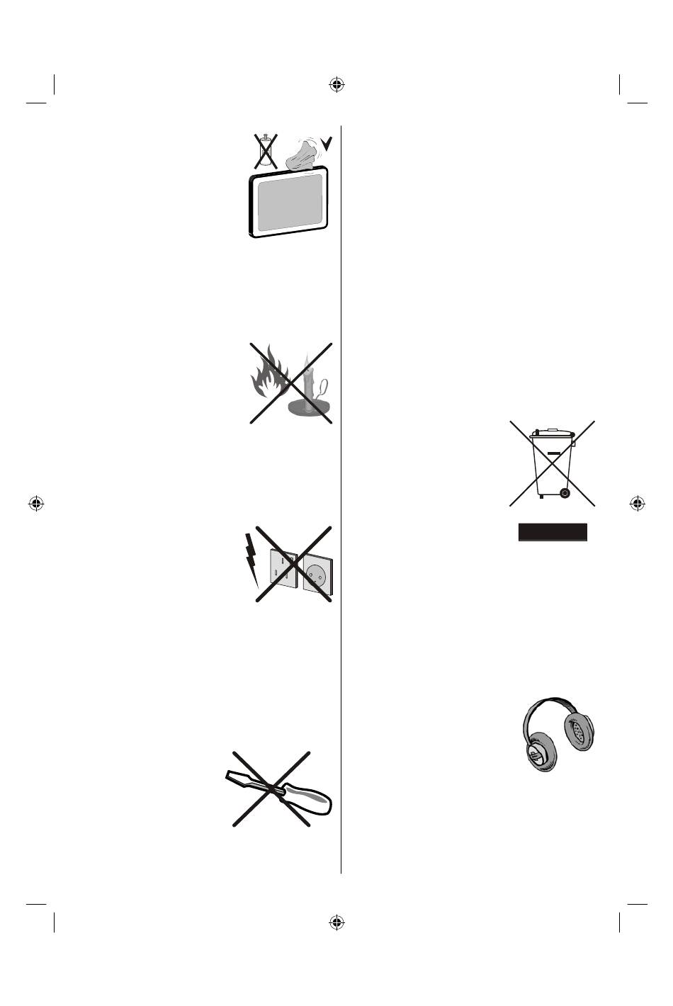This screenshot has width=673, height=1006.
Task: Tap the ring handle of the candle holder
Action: [x=324, y=387]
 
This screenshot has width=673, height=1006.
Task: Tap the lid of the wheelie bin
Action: [x=553, y=431]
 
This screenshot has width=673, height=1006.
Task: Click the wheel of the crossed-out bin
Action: [x=564, y=492]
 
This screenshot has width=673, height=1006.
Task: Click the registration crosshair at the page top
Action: [x=336, y=86]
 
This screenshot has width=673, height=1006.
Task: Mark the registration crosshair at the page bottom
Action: [x=336, y=922]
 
